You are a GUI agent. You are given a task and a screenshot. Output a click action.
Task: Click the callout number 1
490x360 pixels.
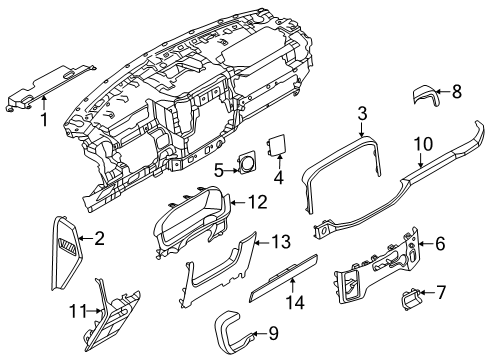44,120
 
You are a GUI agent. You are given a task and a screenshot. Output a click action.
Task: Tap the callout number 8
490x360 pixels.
457,91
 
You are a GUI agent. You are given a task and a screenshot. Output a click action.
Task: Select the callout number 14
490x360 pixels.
295,303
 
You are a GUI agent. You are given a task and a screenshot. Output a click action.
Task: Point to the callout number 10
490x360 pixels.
423,144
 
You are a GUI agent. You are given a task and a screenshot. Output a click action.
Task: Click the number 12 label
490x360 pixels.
258,202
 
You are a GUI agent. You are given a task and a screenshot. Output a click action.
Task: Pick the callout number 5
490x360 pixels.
218,171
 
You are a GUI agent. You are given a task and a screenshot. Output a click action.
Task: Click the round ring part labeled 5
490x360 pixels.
247,161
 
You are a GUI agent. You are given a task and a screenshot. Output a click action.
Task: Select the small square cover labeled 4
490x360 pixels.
276,145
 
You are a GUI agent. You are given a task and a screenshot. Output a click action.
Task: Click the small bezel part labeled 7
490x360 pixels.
411,299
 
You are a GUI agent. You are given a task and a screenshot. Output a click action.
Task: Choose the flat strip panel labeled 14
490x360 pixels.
284,278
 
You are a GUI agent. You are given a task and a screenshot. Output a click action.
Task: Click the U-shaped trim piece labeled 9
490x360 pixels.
233,333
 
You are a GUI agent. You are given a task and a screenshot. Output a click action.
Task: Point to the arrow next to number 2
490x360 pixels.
86,238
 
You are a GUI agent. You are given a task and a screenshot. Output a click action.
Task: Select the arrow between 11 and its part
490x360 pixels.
94,311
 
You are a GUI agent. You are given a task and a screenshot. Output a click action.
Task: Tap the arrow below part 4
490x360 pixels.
279,162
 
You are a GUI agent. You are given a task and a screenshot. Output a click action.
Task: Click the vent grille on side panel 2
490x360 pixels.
67,244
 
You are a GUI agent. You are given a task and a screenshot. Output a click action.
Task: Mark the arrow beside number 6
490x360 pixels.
425,244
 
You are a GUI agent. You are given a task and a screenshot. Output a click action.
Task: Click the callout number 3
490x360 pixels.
362,113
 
